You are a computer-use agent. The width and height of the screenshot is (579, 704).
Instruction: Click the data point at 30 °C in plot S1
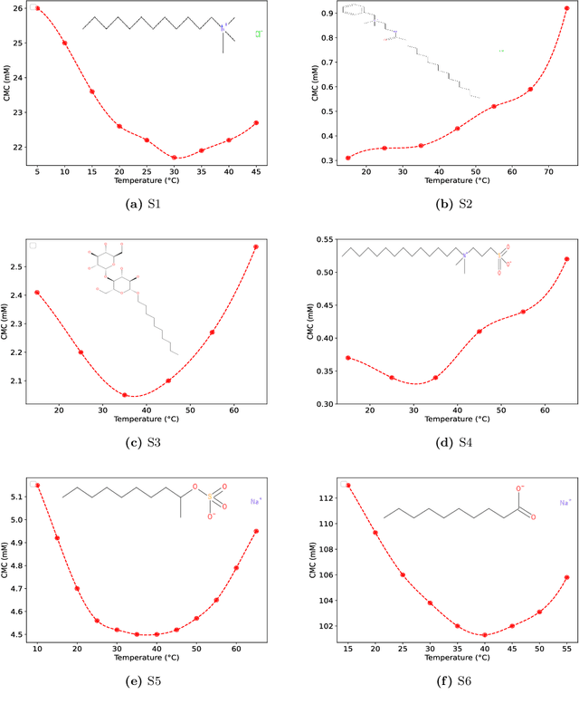click(175, 158)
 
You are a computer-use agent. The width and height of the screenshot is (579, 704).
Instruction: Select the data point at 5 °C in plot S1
click(37, 8)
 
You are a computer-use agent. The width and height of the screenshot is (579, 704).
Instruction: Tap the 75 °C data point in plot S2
click(567, 8)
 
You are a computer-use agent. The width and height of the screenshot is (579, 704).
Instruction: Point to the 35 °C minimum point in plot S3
click(125, 395)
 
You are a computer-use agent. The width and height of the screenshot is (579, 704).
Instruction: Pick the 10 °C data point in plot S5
click(37, 486)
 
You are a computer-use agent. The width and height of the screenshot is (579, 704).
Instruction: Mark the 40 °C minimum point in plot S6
click(485, 635)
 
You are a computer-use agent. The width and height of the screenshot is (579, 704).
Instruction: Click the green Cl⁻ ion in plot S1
click(258, 34)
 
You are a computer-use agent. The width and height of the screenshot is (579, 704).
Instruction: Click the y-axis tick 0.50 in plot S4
click(324, 272)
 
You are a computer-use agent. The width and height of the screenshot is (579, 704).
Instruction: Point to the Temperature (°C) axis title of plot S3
click(146, 420)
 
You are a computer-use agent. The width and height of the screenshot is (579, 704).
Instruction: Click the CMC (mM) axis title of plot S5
click(6, 562)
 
